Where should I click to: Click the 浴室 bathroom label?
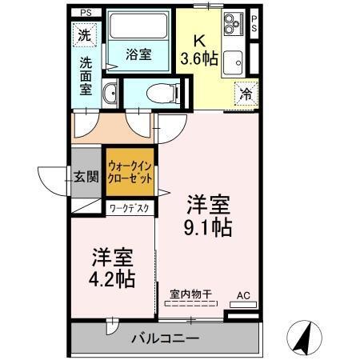139,55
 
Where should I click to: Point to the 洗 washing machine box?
84,34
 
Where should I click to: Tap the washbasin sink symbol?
110,93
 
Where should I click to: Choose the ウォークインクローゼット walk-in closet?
130,173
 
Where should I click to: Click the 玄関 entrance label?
86,177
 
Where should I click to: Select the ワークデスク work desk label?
130,208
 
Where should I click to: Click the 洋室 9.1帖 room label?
210,214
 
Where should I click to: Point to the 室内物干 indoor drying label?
190,295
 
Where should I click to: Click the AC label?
242,295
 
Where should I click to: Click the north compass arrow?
304,338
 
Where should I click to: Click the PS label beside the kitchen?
254,23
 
